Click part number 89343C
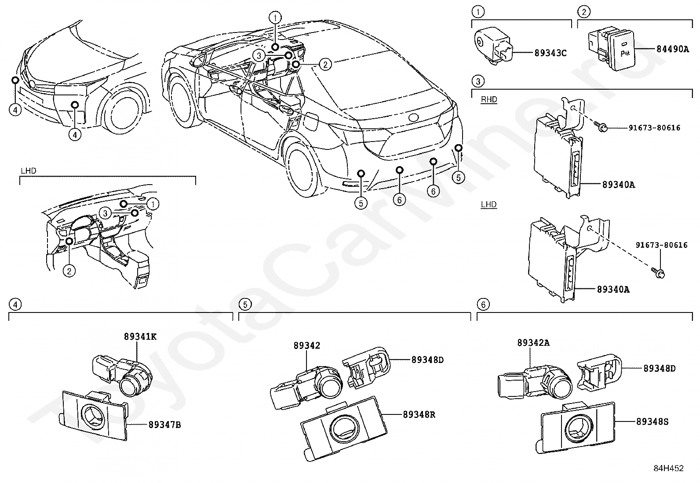coord(551,53)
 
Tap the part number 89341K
coord(140,337)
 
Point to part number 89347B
coord(165,425)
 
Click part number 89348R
coord(419,414)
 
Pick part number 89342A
coord(533,343)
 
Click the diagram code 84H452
coord(668,468)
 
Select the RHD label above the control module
coord(489,100)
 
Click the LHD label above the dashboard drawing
coord(28,171)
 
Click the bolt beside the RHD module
coord(603,128)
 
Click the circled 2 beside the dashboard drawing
coord(69,271)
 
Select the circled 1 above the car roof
coord(275,18)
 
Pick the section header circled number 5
coord(245,305)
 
